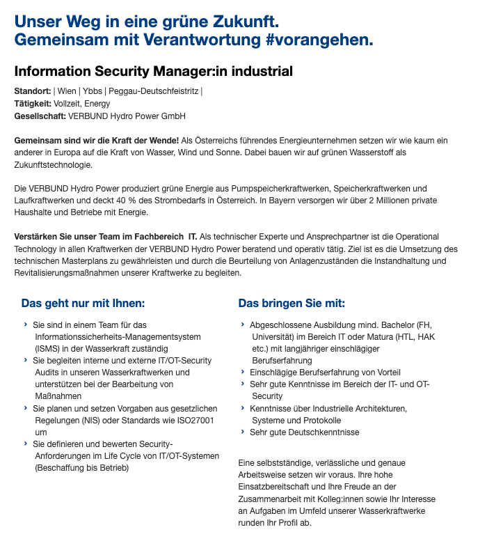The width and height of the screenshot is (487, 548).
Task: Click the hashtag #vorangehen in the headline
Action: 319,40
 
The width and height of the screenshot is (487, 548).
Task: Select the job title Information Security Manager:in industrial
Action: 153,72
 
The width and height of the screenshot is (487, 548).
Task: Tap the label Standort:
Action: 32,91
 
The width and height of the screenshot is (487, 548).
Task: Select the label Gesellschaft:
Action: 40,116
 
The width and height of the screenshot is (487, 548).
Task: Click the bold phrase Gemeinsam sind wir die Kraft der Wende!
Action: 96,141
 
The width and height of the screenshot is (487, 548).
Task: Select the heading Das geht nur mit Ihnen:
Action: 83,304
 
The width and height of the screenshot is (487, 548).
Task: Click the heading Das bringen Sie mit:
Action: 292,304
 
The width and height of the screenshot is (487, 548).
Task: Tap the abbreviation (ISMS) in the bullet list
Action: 48,348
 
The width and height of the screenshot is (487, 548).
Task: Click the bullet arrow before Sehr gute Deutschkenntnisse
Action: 243,432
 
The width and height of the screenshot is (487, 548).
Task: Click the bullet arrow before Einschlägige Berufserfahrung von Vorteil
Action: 243,373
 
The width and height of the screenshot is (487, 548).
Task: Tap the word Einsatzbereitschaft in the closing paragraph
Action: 277,487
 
